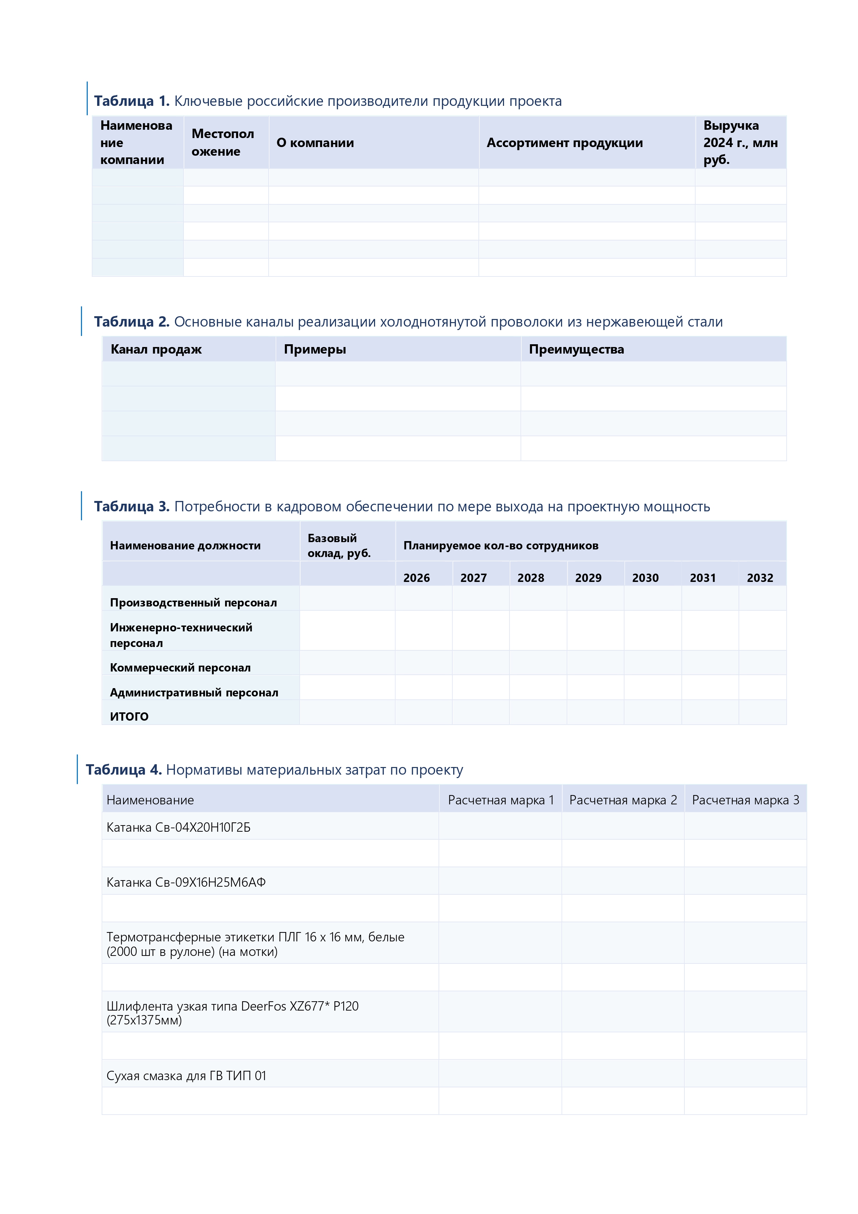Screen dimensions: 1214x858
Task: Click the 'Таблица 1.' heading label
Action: click(132, 101)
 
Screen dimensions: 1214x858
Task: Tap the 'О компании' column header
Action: click(315, 143)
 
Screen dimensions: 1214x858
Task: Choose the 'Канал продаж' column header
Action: click(156, 349)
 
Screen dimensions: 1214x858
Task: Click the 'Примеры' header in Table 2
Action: click(315, 349)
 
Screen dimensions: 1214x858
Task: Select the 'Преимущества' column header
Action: click(576, 349)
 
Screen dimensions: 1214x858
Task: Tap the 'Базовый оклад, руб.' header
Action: click(339, 546)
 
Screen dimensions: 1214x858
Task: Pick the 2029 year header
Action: click(588, 578)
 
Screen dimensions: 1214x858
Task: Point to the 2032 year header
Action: click(760, 578)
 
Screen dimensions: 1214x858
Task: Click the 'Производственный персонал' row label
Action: click(193, 603)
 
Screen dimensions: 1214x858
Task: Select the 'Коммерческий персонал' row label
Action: click(180, 668)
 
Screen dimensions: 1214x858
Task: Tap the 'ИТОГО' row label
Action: click(129, 716)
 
